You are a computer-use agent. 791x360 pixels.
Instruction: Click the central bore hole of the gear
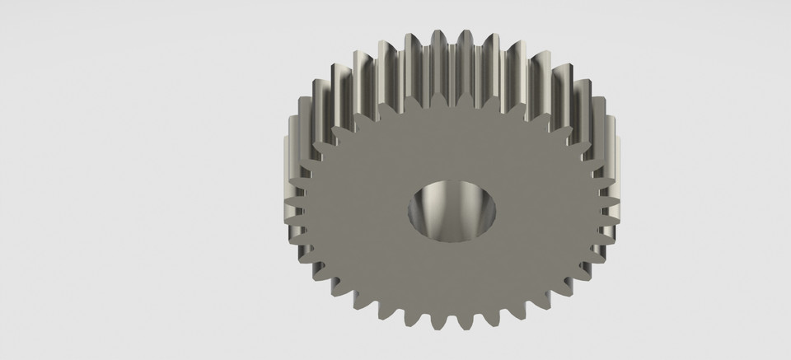point(453,213)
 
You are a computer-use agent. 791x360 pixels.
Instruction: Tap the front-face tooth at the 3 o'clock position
point(611,216)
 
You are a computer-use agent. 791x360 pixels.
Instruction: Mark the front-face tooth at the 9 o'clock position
point(298,216)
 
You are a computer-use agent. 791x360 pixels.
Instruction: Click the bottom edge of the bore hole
point(453,242)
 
